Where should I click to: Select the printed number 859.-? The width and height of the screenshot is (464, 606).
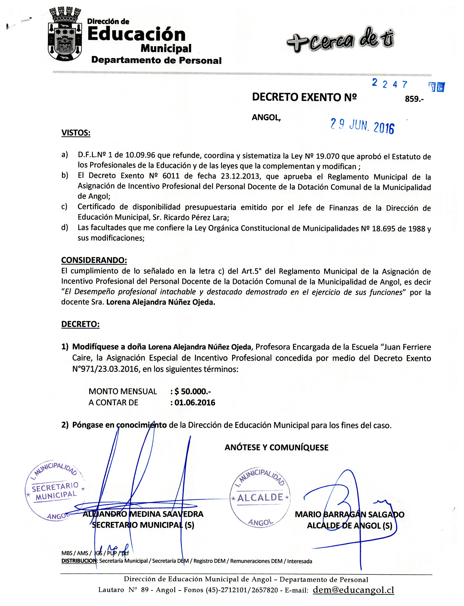coord(414,99)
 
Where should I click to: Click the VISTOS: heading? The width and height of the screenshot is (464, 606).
coord(76,133)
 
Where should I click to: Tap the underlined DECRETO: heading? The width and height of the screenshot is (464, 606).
coord(80,324)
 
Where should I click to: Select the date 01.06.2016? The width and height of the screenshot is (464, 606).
coord(194,402)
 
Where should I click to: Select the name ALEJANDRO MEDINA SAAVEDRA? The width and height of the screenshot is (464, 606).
coord(143,514)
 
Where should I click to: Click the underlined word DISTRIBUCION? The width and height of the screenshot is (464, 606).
coord(79,561)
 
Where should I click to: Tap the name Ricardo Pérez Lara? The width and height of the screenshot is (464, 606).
coord(196,218)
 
